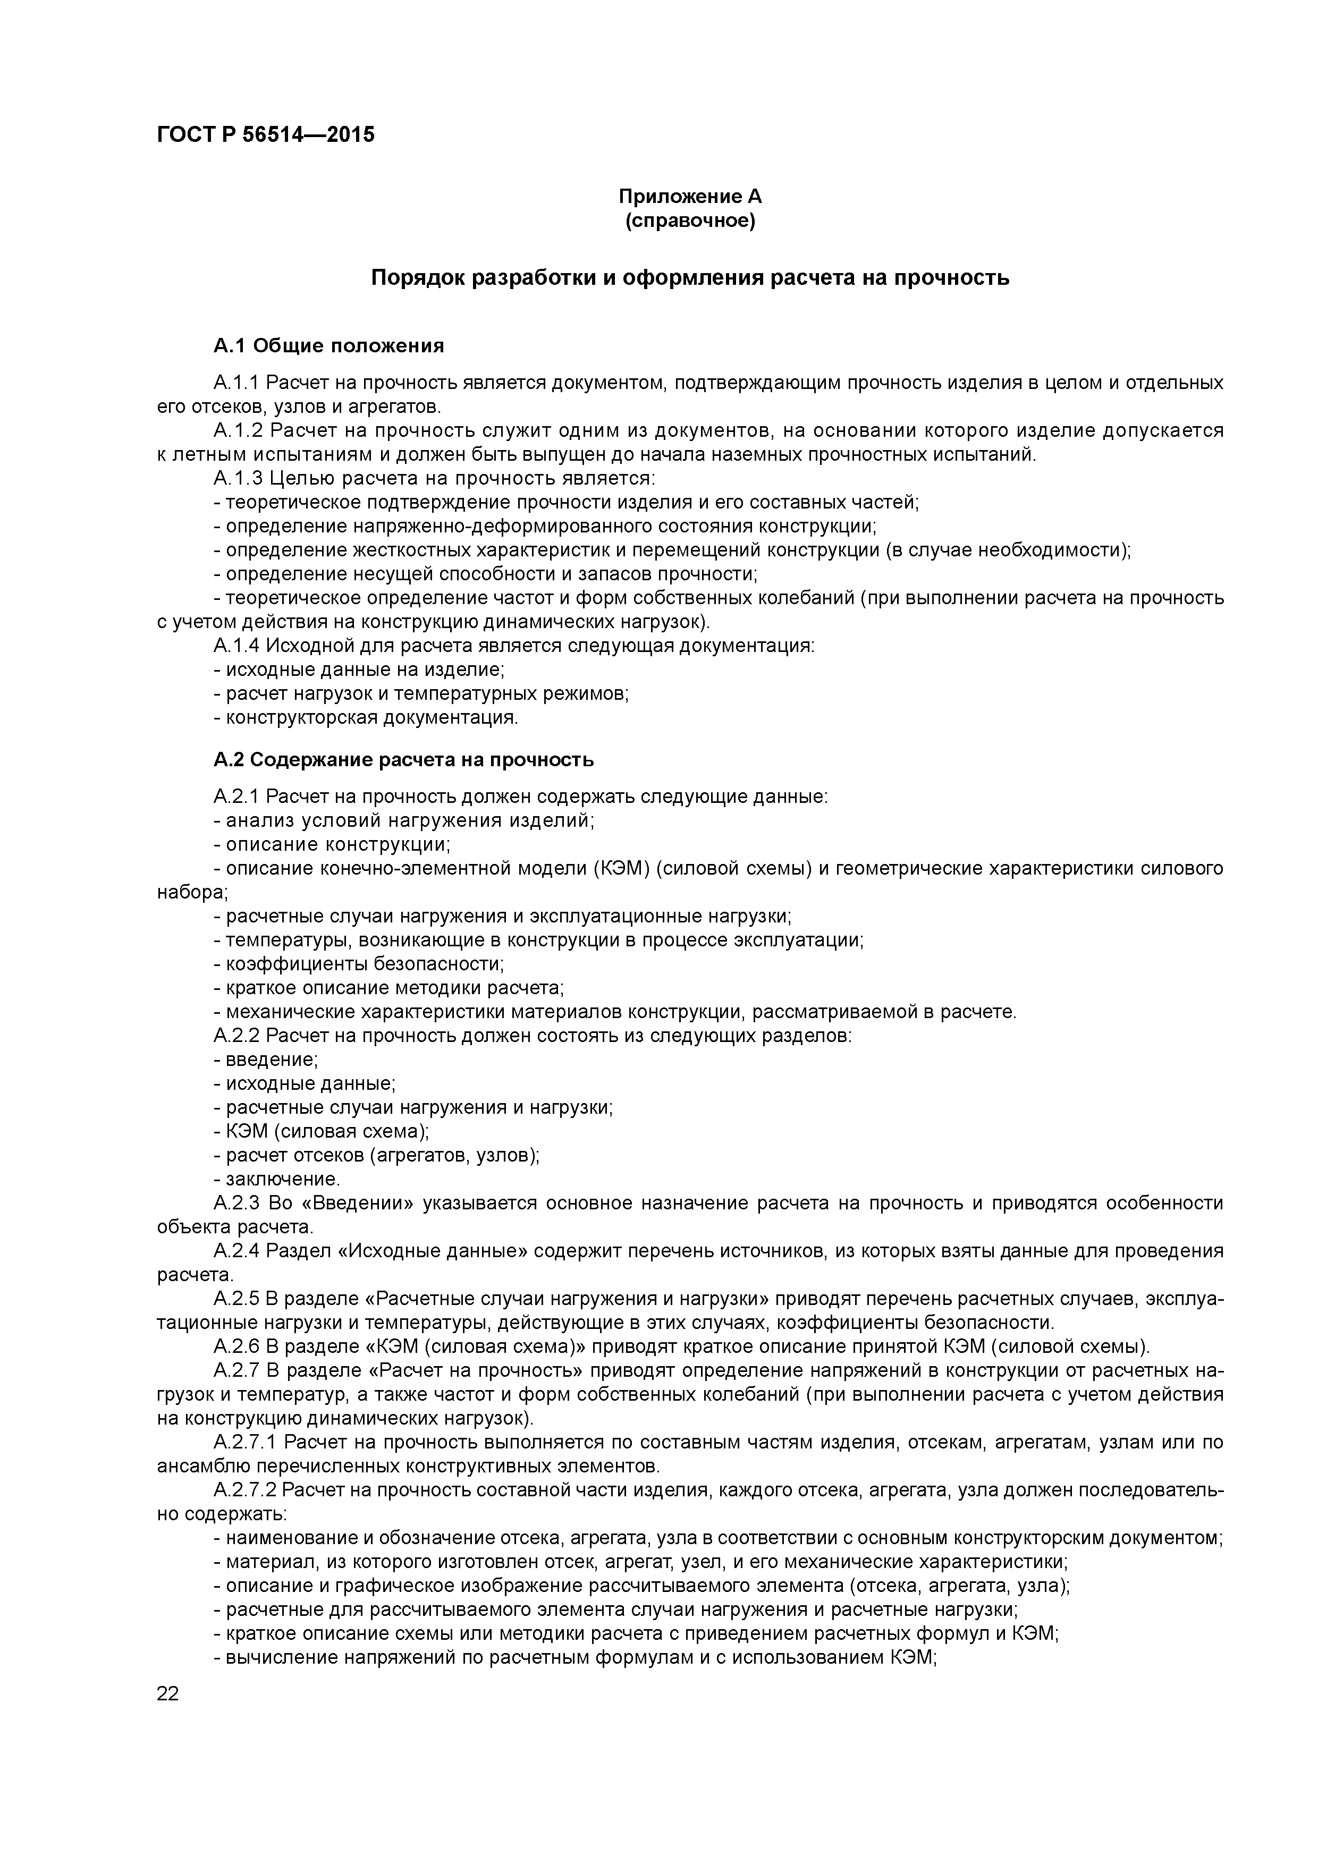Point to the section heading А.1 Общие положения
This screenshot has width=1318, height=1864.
(329, 346)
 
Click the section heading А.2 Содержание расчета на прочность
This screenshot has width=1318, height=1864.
(403, 760)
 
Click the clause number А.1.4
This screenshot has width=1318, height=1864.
(236, 646)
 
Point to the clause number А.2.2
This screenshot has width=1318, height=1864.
(236, 1036)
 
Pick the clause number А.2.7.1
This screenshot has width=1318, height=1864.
(244, 1442)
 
